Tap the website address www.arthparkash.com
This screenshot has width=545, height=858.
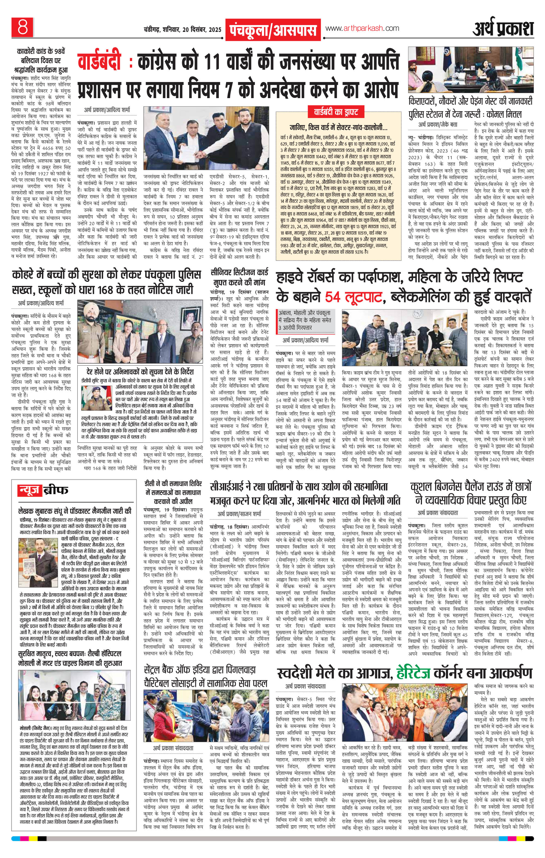(362, 28)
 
